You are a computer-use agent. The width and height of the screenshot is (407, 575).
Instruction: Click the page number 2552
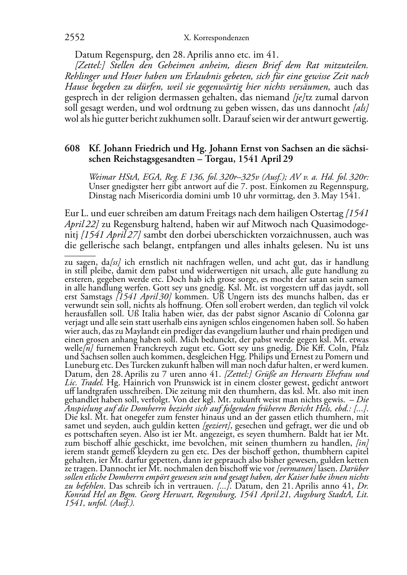tap(75, 38)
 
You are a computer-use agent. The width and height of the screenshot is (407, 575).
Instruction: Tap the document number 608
tap(72, 149)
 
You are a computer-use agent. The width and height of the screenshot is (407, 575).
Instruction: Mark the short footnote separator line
tap(80, 256)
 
